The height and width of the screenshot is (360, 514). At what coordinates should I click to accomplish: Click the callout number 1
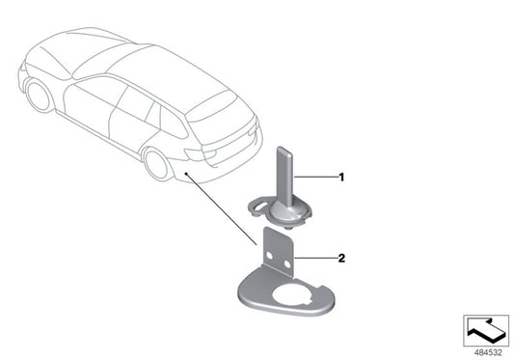coord(340,178)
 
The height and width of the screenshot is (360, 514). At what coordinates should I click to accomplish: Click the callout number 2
coord(340,259)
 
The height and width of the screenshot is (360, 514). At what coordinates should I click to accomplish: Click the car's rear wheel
coord(156,163)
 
